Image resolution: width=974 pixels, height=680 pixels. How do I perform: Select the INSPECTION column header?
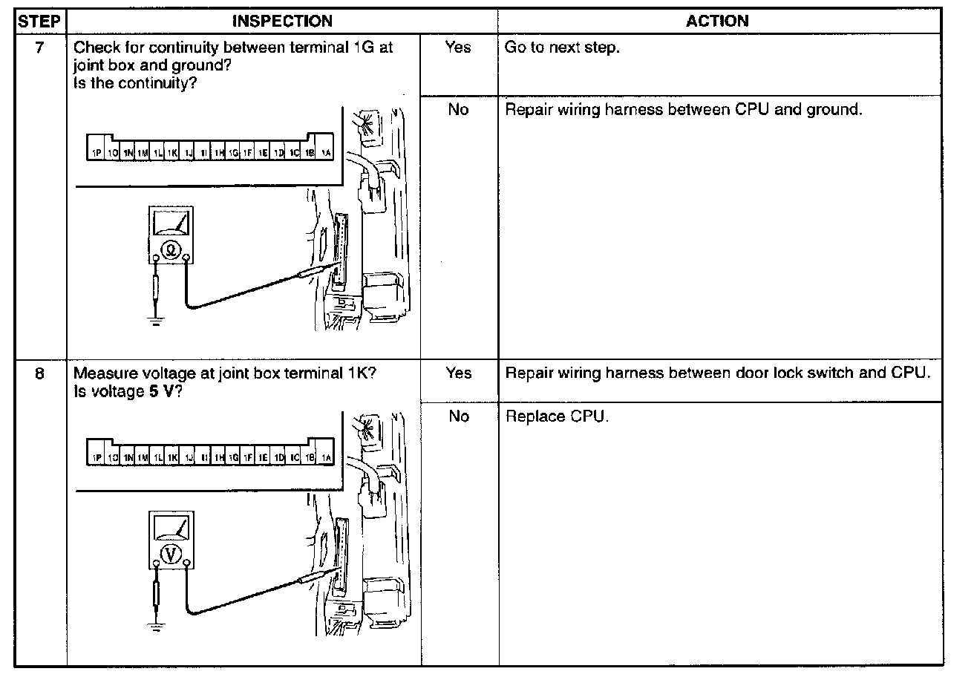282,21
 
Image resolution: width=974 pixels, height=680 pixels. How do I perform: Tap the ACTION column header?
717,21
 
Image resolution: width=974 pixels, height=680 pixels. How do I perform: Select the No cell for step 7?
458,110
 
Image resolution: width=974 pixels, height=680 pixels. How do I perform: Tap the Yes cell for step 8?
458,373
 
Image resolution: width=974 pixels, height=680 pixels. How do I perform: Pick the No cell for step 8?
458,416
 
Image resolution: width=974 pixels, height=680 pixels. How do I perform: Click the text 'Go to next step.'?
561,49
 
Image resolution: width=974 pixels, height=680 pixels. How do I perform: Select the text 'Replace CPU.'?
557,416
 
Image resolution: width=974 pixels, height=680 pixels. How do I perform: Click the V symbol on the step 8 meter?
171,553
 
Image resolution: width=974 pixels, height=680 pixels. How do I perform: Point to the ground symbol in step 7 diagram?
154,320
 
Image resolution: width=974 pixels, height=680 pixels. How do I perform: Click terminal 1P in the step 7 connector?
96,153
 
